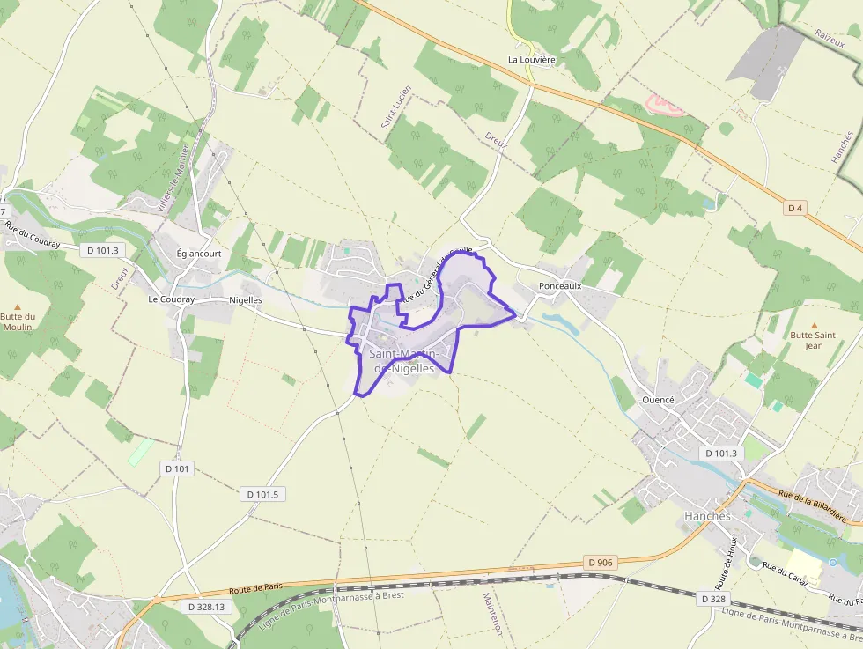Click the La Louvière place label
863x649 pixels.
tap(532, 60)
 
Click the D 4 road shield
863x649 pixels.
tap(795, 208)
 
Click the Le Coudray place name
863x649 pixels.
tap(171, 299)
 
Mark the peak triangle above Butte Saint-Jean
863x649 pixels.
tap(814, 325)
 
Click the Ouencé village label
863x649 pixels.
tap(658, 399)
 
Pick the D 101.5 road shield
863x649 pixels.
tap(262, 494)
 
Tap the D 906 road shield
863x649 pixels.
tap(599, 562)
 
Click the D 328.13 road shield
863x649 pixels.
tap(206, 607)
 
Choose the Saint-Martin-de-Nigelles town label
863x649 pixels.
tap(404, 361)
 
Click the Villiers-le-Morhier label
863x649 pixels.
tap(173, 177)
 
